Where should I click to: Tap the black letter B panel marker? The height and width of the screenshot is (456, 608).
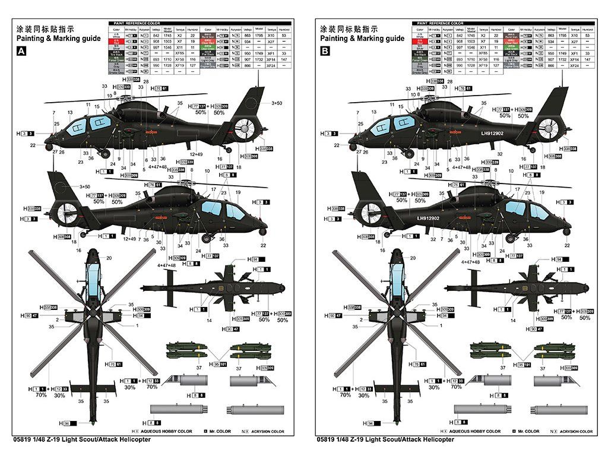tap(324, 52)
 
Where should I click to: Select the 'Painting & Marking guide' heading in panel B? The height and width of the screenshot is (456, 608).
tap(362, 39)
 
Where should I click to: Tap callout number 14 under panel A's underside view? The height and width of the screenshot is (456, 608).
tap(209, 321)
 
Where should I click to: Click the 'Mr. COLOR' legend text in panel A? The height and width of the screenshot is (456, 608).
tap(220, 431)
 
